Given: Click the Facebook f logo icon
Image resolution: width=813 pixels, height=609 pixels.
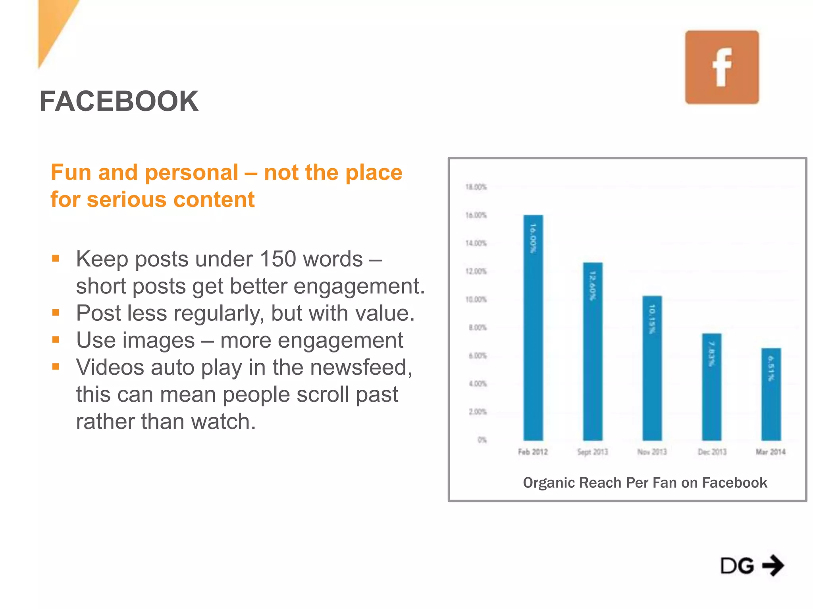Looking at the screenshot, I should (x=722, y=67).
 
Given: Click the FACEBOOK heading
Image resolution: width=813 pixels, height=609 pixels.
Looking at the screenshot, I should (x=119, y=101).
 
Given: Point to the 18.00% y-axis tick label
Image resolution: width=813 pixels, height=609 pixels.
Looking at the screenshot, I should (x=476, y=187).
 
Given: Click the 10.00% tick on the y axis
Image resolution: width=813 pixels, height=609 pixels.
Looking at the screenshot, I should (x=476, y=299).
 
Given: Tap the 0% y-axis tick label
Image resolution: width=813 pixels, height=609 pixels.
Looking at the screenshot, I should (x=482, y=440).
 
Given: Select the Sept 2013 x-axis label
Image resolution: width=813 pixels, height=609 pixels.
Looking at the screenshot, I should (x=592, y=452).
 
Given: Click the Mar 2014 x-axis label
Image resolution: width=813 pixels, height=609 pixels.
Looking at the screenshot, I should (x=771, y=452).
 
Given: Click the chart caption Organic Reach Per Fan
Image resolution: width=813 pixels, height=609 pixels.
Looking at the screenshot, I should (x=645, y=483).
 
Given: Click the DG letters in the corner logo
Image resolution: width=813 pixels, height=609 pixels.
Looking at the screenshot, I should (x=737, y=566).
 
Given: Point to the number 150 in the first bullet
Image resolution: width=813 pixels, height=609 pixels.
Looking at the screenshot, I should (x=277, y=259).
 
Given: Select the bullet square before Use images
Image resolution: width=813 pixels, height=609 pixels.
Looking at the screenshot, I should (x=56, y=340).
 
